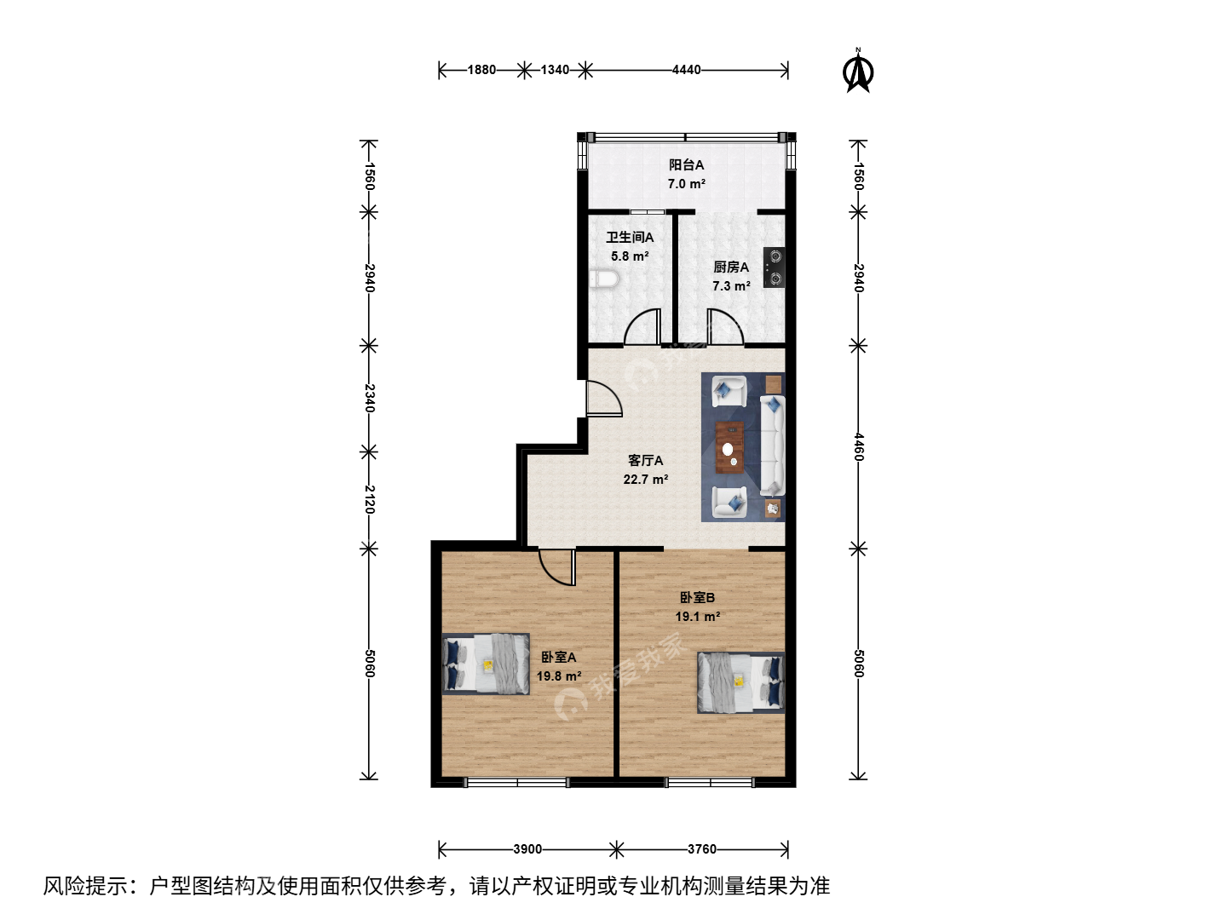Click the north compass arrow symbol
(858, 71)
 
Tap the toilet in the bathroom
(603, 279)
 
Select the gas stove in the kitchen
(775, 267)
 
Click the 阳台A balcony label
(686, 164)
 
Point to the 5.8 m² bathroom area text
(630, 256)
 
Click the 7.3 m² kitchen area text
(730, 286)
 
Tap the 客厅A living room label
(645, 460)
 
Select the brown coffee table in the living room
(729, 447)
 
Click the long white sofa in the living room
(773, 446)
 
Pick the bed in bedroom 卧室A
(486, 664)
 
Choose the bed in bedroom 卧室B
(740, 682)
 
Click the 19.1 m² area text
(697, 617)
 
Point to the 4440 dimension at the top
(686, 70)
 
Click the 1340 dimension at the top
(555, 70)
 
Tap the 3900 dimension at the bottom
(527, 849)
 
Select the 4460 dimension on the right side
(859, 447)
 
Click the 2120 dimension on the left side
(369, 499)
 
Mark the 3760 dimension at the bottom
(701, 849)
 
